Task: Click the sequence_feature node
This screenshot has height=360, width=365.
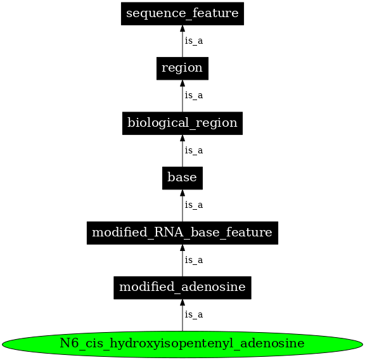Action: tap(182, 13)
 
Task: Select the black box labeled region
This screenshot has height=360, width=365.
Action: tap(182, 68)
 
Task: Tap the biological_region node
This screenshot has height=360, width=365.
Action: tap(182, 123)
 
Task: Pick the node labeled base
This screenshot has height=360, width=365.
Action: tap(182, 178)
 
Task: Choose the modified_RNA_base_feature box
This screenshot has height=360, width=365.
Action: tap(182, 233)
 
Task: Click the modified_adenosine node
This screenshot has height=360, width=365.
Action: tap(182, 288)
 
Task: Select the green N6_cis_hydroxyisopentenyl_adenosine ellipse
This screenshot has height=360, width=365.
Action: tap(182, 344)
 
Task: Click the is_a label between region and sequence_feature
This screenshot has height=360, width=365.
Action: tap(193, 41)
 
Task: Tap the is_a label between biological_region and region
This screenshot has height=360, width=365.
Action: tap(193, 95)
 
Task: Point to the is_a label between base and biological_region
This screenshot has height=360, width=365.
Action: tap(193, 150)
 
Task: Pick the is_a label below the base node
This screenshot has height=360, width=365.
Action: tap(193, 205)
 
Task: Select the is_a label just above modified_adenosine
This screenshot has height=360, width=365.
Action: tap(193, 260)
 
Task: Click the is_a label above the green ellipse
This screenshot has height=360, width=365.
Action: tap(193, 314)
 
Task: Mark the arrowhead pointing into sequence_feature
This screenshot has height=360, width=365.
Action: tap(182, 29)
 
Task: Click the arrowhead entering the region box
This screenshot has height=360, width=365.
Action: tap(182, 83)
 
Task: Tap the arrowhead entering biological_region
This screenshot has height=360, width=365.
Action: tap(182, 138)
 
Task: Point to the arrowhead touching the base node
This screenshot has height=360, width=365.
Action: tap(182, 193)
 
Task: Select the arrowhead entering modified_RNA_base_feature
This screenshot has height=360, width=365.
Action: tap(182, 248)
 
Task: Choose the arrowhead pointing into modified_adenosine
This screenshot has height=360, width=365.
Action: tap(182, 303)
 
